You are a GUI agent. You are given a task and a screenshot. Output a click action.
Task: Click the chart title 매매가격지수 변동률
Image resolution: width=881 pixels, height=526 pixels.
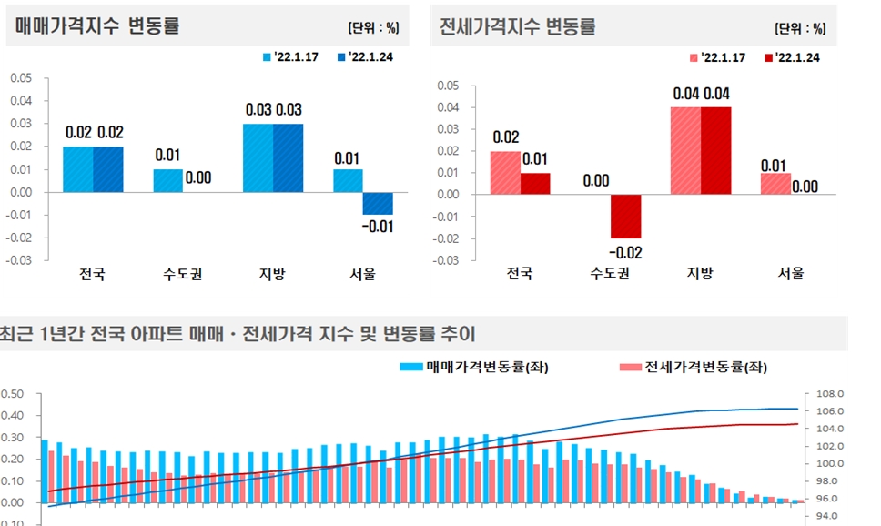(x=97, y=26)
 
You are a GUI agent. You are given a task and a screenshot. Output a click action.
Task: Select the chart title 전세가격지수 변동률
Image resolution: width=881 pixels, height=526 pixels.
(x=517, y=26)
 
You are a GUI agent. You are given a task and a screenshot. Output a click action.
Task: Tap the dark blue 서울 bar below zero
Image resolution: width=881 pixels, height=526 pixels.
(x=378, y=203)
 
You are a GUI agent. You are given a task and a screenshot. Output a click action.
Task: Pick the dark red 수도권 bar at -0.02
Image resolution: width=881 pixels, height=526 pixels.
(x=625, y=216)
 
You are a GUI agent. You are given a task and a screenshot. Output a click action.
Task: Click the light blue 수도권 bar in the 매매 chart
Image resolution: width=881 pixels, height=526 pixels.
(x=167, y=180)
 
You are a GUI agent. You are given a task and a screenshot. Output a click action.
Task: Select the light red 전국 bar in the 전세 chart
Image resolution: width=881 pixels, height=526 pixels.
(x=505, y=173)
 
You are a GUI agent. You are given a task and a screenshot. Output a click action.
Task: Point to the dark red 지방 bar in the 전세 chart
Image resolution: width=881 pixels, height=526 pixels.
(x=715, y=150)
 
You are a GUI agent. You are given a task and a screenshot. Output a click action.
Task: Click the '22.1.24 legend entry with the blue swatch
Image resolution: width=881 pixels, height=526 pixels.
(x=364, y=56)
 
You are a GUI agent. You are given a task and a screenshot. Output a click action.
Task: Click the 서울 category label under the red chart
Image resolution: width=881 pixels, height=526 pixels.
(x=790, y=274)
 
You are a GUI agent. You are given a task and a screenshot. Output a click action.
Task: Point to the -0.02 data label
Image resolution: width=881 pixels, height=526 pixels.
(x=624, y=252)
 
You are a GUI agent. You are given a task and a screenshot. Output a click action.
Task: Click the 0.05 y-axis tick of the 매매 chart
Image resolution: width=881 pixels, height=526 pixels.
(x=20, y=77)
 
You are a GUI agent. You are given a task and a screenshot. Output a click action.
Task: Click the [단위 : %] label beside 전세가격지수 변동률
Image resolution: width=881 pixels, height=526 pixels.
(x=800, y=28)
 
